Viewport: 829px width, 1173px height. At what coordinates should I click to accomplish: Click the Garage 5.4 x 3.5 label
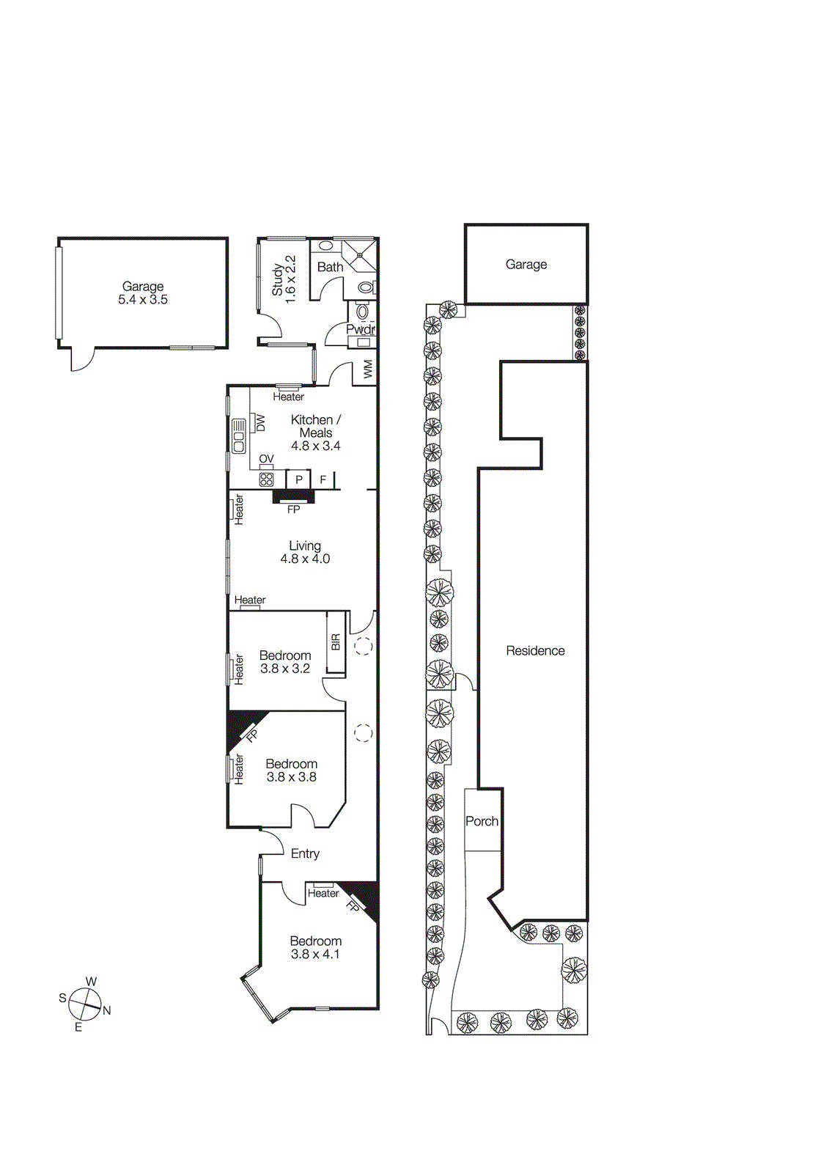pyautogui.click(x=143, y=293)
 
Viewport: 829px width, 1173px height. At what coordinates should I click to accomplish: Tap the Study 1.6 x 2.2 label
pyautogui.click(x=284, y=279)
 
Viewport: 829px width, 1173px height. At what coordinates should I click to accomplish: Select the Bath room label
pyautogui.click(x=330, y=268)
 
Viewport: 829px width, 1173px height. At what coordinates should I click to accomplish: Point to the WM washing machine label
pyautogui.click(x=368, y=368)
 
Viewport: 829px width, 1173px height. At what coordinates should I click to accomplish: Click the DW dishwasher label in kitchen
pyautogui.click(x=260, y=423)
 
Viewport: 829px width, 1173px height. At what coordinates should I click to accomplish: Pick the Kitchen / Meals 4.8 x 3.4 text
pyautogui.click(x=315, y=433)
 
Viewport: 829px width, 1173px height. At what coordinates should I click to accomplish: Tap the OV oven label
pyautogui.click(x=266, y=459)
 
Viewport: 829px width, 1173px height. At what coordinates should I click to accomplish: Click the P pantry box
pyautogui.click(x=299, y=479)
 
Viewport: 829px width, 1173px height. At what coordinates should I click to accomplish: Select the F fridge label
pyautogui.click(x=323, y=479)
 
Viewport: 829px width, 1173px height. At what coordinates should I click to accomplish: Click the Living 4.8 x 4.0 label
pyautogui.click(x=305, y=552)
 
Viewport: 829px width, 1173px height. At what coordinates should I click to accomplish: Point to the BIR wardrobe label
pyautogui.click(x=336, y=642)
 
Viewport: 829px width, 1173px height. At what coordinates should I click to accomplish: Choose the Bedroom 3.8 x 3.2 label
pyautogui.click(x=285, y=662)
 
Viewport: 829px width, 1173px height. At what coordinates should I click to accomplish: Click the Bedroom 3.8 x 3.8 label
pyautogui.click(x=291, y=771)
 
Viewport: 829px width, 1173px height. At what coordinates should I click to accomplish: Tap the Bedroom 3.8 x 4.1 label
pyautogui.click(x=315, y=947)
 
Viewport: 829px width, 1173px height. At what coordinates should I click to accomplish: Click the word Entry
pyautogui.click(x=305, y=854)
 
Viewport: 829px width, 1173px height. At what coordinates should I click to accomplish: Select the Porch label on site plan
pyautogui.click(x=482, y=822)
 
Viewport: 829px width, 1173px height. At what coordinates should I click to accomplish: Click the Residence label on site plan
pyautogui.click(x=535, y=651)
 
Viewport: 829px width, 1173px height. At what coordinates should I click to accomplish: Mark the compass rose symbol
pyautogui.click(x=85, y=1004)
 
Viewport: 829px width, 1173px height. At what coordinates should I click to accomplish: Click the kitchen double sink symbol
pyautogui.click(x=239, y=436)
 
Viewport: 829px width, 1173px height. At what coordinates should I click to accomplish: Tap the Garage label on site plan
pyautogui.click(x=526, y=265)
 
